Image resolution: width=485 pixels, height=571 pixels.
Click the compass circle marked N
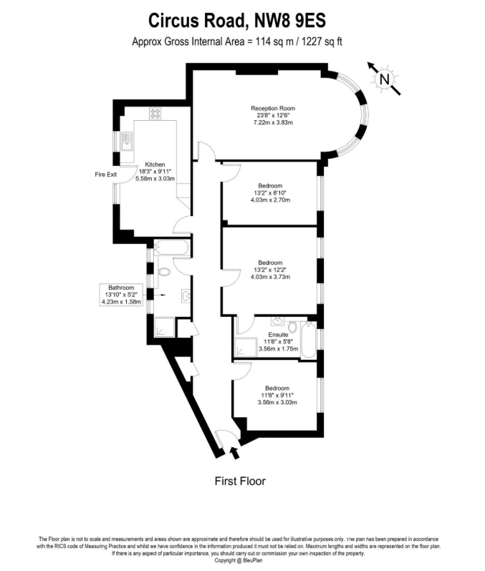385,79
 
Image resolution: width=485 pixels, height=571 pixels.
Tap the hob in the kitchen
155,113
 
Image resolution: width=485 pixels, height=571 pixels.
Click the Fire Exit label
105,175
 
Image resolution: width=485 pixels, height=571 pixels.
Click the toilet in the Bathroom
163,272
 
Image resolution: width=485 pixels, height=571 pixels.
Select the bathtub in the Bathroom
171,250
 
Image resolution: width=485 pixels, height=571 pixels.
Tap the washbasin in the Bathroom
185,295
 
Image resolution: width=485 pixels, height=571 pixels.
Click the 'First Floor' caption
240,481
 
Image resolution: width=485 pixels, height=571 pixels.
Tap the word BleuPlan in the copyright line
254,560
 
